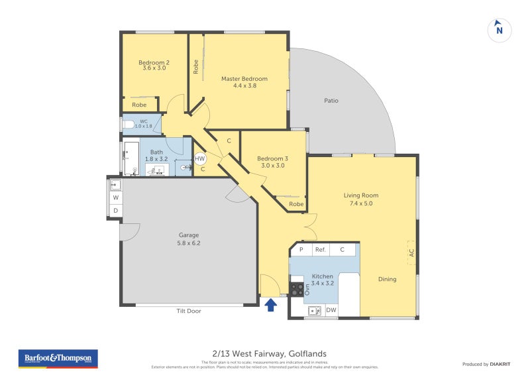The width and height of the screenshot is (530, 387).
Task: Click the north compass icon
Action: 500,30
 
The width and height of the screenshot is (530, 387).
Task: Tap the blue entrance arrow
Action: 270,305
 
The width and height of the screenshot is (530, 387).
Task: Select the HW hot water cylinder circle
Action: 200,159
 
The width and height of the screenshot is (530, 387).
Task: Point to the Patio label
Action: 331,101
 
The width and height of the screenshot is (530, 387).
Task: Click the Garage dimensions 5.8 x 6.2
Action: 189,243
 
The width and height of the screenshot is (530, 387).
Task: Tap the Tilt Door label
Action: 189,311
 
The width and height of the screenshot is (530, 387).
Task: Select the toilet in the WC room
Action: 129,124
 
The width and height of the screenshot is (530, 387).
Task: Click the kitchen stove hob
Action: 297,289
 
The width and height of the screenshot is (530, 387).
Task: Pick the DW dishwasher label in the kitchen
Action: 331,309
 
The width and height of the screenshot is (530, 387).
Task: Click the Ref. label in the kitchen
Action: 321,250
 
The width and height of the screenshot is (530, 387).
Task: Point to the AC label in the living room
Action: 411,252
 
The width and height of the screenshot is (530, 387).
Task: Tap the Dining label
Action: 387,279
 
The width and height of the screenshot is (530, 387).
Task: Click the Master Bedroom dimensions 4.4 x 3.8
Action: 244,85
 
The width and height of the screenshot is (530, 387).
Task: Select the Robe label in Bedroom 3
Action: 296,204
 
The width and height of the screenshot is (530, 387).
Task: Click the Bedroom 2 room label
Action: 154,63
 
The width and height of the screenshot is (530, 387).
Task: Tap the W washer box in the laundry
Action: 115,197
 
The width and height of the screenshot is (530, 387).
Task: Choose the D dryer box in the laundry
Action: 115,211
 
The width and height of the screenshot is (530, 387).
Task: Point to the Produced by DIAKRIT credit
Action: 488,364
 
